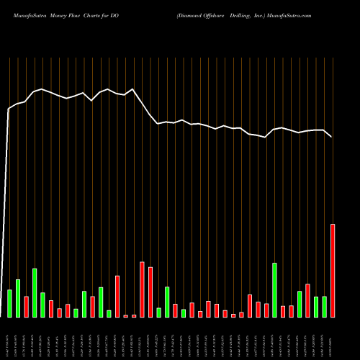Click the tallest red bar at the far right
[x=333, y=271]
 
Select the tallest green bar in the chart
[x=35, y=293]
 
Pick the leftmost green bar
[x=9, y=303]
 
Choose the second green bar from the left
[x=18, y=298]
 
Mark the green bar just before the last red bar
[x=324, y=307]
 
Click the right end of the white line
[x=332, y=137]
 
